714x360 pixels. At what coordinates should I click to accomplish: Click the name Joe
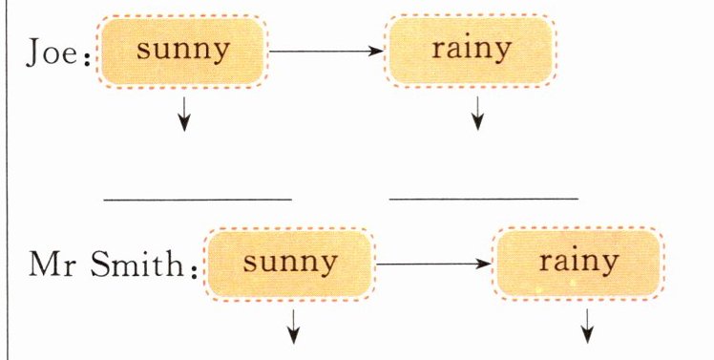click(x=51, y=53)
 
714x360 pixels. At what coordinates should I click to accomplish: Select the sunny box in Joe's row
click(x=182, y=51)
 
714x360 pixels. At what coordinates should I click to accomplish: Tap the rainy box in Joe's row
click(x=471, y=50)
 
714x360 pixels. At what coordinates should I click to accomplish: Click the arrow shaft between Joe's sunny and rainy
click(x=326, y=51)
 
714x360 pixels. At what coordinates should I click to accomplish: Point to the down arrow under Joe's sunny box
click(x=184, y=114)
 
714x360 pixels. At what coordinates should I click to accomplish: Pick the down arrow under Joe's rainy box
click(x=477, y=113)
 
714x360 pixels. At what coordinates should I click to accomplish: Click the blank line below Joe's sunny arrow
click(x=198, y=200)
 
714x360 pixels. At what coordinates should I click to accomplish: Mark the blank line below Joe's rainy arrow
click(x=484, y=199)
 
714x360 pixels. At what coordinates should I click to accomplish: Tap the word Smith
click(x=137, y=264)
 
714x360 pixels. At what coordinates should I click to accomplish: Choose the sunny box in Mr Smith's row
click(x=289, y=264)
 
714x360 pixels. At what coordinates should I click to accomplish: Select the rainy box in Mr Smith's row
click(x=578, y=263)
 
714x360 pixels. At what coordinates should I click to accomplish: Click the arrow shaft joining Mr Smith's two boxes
click(x=434, y=264)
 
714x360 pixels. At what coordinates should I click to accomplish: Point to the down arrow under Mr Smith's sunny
click(x=294, y=327)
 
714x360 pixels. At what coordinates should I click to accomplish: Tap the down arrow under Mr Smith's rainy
click(x=587, y=326)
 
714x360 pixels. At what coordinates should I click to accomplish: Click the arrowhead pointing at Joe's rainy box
click(x=376, y=51)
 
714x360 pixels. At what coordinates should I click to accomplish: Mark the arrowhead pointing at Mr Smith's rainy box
click(x=484, y=264)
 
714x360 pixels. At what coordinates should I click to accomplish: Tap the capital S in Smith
click(x=99, y=264)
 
